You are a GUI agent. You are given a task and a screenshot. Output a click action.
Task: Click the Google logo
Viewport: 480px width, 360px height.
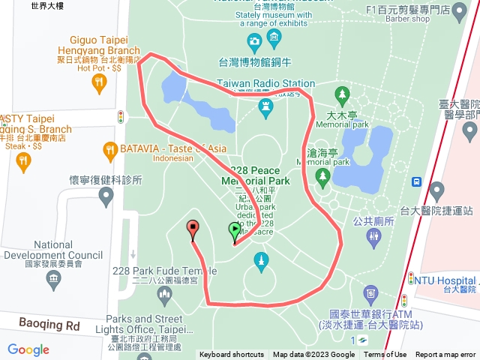[x=28, y=349]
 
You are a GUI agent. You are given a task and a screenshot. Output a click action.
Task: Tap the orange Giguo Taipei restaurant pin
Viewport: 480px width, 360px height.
[x=99, y=84]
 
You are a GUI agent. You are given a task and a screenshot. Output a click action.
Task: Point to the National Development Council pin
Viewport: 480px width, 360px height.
[x=53, y=280]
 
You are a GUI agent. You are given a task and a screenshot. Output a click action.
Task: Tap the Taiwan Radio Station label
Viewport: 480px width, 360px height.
[x=265, y=83]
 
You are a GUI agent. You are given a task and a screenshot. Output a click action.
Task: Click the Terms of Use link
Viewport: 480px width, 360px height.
[x=385, y=355]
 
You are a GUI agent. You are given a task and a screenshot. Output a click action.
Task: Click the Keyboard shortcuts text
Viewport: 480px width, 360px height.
[x=231, y=355]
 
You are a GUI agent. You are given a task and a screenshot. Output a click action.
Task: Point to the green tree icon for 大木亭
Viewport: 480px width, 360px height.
[x=343, y=95]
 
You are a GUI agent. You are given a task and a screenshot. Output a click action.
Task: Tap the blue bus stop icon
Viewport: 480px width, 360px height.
[x=415, y=182]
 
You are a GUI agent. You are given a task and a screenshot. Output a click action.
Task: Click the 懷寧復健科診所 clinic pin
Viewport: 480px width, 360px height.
[x=106, y=196]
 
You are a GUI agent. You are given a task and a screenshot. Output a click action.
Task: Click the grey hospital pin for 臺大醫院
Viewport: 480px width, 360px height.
[x=470, y=133]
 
